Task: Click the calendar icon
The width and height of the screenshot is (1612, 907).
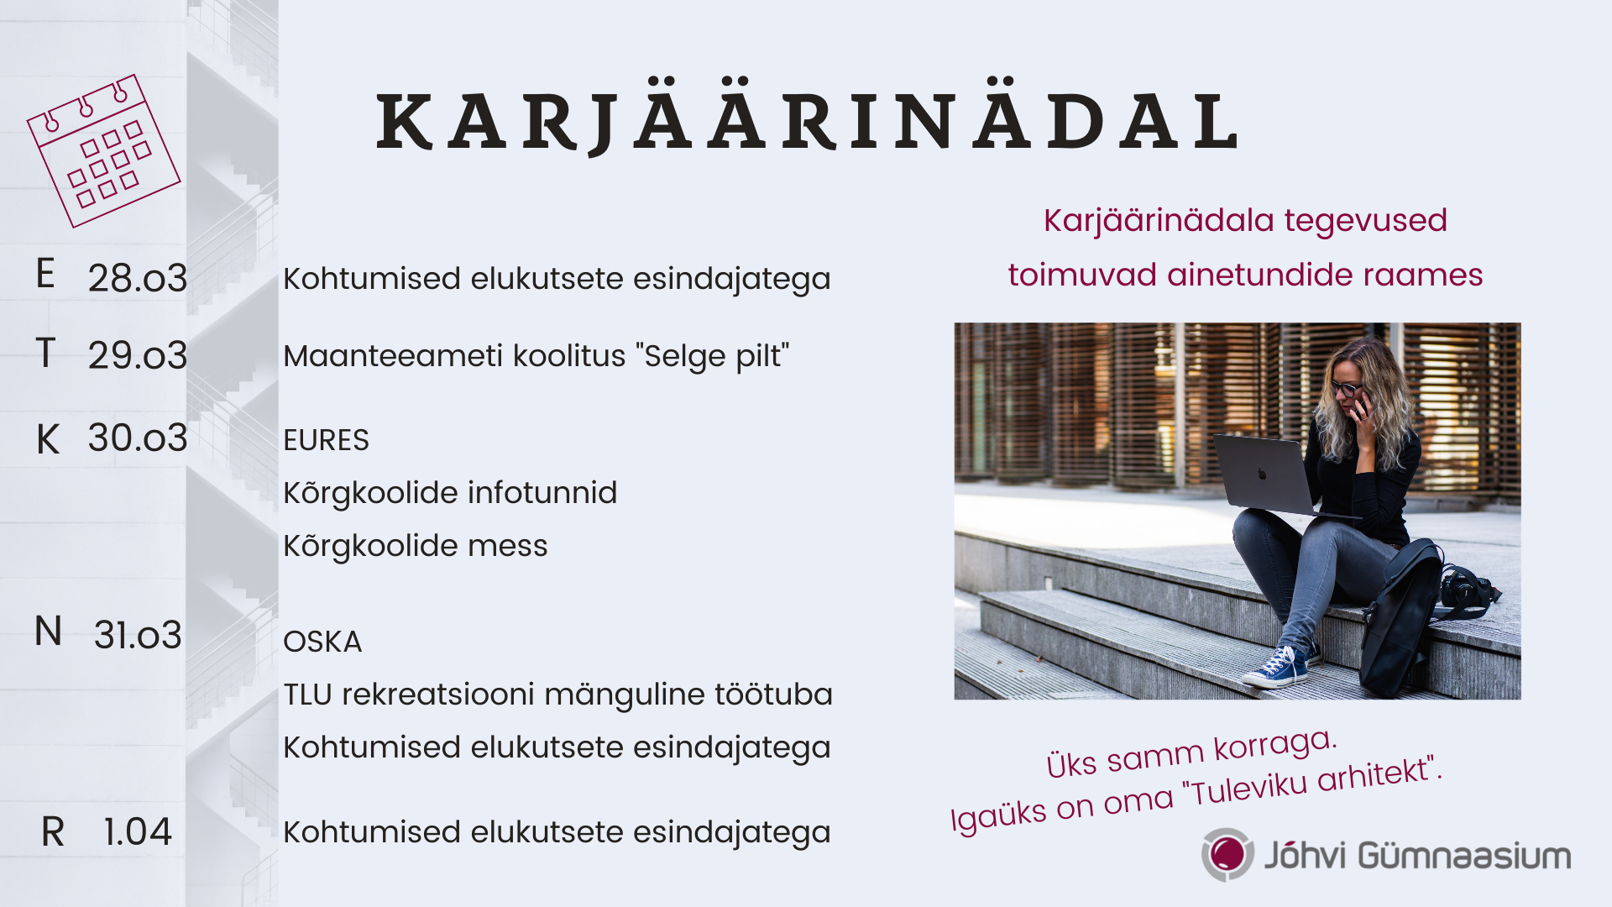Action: [104, 151]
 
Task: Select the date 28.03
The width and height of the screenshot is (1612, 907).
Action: [138, 278]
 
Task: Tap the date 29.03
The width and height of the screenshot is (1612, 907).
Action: [138, 355]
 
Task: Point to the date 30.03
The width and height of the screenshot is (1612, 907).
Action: [138, 438]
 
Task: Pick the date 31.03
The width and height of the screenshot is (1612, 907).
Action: [138, 635]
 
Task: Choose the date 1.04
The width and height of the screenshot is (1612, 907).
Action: [138, 832]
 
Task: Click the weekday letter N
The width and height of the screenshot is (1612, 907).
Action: [49, 632]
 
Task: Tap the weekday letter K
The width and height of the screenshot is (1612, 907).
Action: [48, 439]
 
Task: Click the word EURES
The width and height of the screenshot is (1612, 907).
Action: [326, 440]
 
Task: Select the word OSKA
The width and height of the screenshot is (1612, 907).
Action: [322, 642]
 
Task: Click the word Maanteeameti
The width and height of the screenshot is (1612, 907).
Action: [394, 356]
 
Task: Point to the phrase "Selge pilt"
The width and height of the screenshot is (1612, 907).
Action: [713, 357]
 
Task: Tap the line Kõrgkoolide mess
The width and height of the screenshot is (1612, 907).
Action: [416, 546]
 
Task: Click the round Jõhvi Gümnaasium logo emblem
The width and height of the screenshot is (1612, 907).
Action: [1227, 855]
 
